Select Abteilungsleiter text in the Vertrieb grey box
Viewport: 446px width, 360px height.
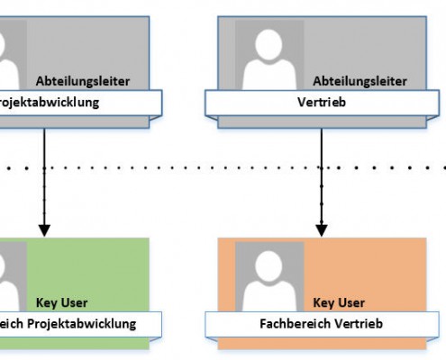tap(359, 80)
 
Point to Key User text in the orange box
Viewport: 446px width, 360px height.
tap(338, 302)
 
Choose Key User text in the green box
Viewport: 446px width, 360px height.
tap(62, 302)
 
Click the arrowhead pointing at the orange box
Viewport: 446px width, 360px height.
tap(321, 229)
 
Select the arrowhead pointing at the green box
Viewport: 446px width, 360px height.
tap(43, 229)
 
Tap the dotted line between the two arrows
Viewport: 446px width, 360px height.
tap(180, 167)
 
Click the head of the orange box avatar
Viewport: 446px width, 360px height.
tap(269, 267)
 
